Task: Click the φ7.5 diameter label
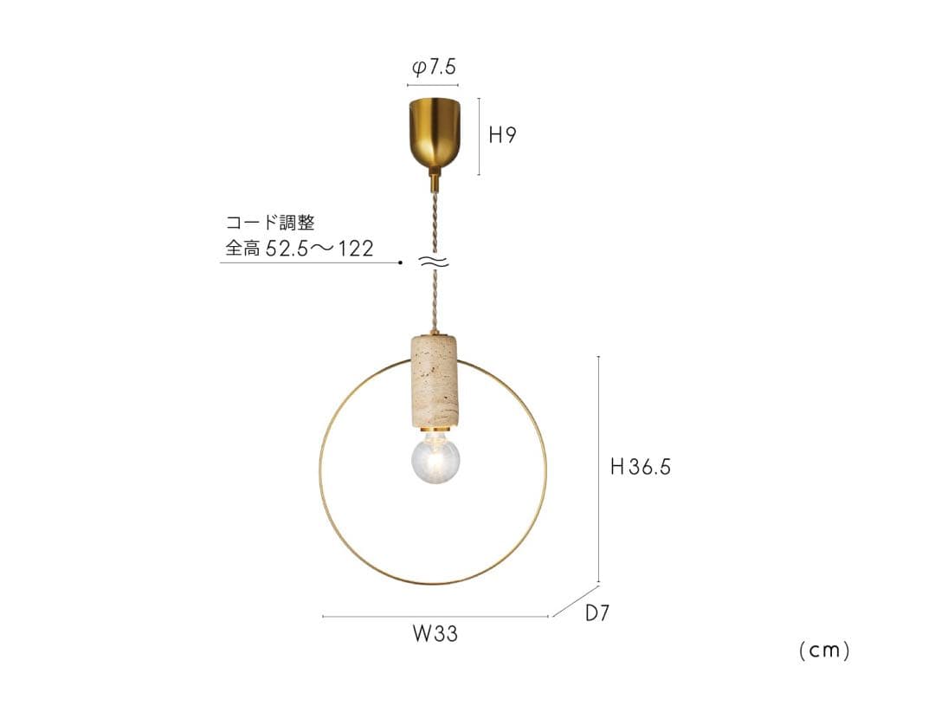tap(434, 68)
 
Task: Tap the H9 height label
tap(502, 135)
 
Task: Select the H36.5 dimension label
tap(641, 467)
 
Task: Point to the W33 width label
tap(435, 635)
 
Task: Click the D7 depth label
tap(598, 614)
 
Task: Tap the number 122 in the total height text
tap(355, 249)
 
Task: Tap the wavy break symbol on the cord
tap(434, 262)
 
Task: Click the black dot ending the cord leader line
tap(401, 262)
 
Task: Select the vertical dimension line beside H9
tap(479, 136)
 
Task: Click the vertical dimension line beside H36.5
tap(598, 468)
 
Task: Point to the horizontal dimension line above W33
tap(435, 617)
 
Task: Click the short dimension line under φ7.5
tap(433, 86)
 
